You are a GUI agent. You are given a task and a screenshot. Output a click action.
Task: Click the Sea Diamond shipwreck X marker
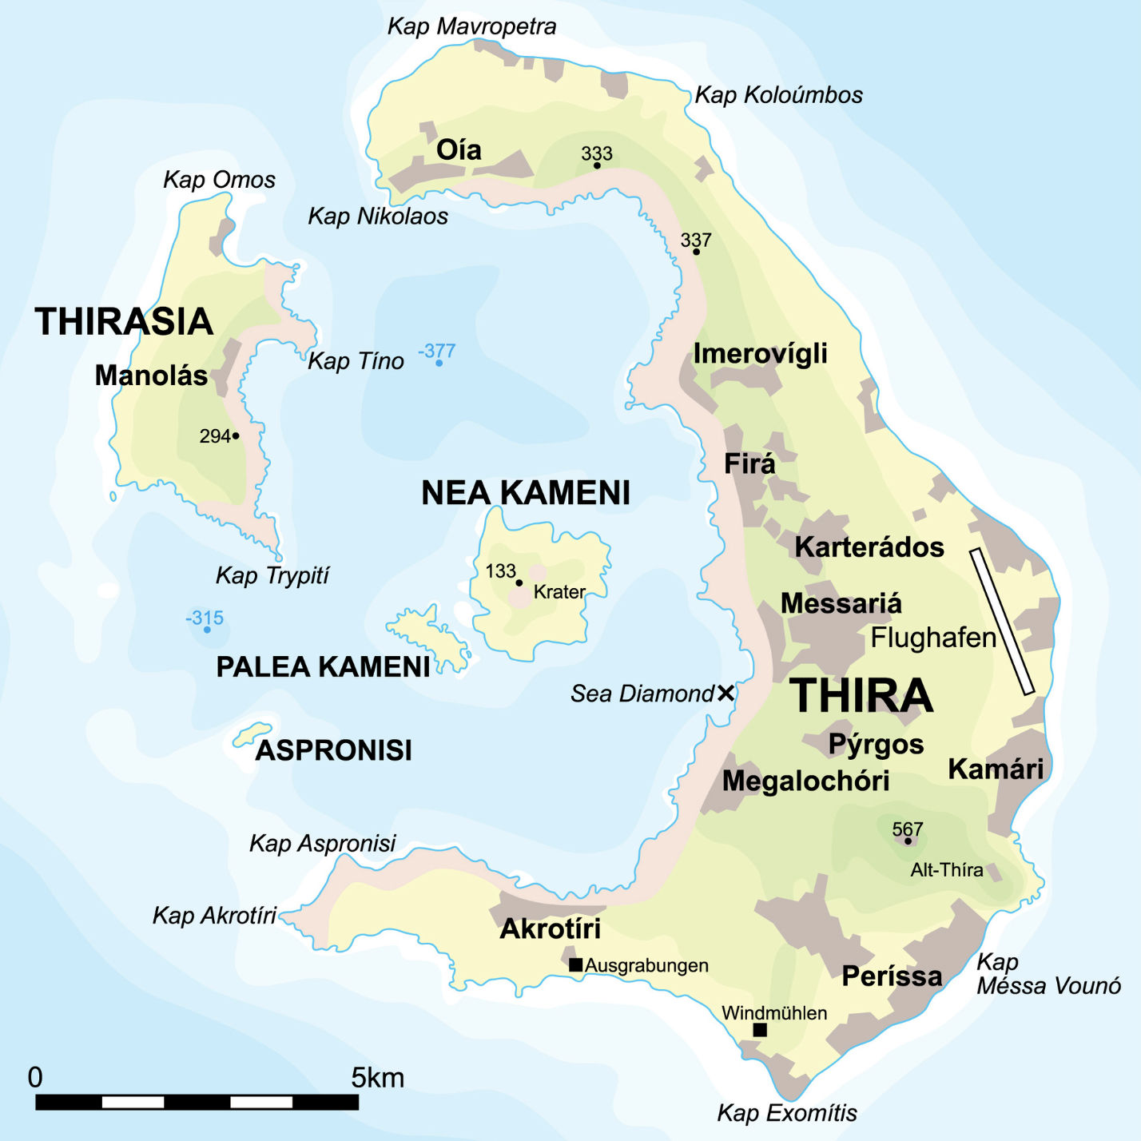click(726, 693)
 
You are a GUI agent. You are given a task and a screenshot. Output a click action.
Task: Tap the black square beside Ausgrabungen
click(575, 964)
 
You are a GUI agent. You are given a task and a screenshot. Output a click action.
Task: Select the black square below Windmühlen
click(760, 1030)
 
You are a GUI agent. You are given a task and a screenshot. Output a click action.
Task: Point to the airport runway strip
click(1002, 622)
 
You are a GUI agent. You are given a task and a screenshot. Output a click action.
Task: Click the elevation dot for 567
click(908, 841)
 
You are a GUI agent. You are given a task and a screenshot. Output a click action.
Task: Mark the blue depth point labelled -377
click(439, 364)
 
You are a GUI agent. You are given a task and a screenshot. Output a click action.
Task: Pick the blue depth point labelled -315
click(207, 630)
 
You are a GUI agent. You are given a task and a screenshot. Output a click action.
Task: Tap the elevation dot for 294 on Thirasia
click(236, 435)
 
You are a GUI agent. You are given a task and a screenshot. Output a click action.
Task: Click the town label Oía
click(459, 149)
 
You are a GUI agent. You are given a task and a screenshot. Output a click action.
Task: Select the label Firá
click(749, 463)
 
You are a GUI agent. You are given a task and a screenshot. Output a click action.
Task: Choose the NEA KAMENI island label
click(526, 493)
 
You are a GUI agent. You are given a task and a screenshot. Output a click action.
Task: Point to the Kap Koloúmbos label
click(778, 95)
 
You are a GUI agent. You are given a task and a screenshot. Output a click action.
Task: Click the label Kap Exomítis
click(787, 1112)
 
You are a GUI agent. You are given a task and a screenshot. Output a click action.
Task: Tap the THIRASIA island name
click(124, 321)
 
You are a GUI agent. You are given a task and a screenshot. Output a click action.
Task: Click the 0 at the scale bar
click(35, 1077)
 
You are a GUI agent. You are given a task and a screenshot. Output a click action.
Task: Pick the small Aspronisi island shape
click(252, 734)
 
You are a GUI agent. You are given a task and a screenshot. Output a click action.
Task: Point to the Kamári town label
click(996, 769)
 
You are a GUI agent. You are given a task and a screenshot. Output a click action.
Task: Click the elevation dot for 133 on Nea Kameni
click(519, 582)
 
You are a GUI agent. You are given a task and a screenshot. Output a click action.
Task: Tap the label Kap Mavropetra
click(471, 26)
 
